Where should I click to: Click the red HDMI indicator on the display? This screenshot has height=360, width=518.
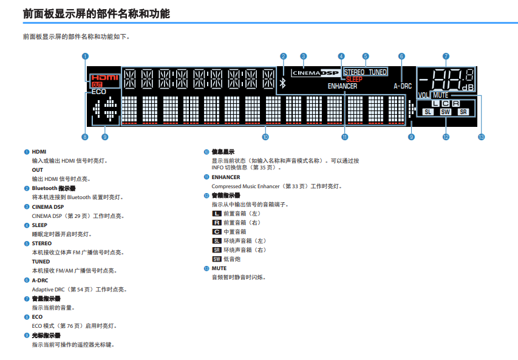pos(104,78)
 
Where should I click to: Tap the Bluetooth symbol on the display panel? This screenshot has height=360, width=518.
pos(283,83)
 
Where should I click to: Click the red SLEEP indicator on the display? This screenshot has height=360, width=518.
pos(354,80)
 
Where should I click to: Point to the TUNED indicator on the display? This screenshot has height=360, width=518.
pos(378,72)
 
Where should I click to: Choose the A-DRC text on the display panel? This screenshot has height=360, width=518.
pos(403,86)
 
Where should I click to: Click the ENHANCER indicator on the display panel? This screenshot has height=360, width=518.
pos(342,86)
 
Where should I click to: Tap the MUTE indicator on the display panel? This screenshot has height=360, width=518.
pos(440,95)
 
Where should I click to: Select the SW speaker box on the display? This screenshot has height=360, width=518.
pos(445,112)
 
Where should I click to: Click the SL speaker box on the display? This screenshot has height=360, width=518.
pos(428,112)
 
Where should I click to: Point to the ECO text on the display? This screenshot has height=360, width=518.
pos(99,92)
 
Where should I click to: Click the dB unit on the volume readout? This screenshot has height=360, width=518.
pos(468,87)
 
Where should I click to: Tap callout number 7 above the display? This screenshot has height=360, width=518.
pos(446,56)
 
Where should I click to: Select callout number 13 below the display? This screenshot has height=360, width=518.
pos(482,137)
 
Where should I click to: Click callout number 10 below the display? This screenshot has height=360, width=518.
pos(265,137)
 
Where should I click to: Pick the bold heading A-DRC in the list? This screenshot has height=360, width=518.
pos(40,280)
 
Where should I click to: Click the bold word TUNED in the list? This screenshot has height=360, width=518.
pos(41,262)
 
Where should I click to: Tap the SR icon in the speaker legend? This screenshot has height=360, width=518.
pos(217,250)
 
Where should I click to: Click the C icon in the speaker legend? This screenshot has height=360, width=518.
pos(217,232)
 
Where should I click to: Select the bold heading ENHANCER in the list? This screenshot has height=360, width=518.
pos(226,177)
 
